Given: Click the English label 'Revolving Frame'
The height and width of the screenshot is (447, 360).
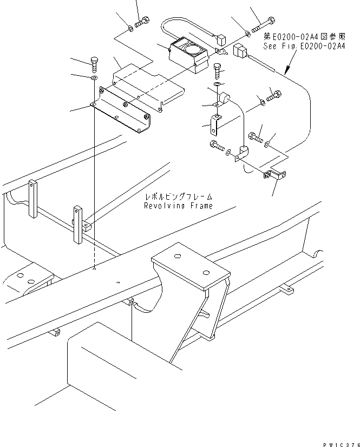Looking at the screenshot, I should [178, 206].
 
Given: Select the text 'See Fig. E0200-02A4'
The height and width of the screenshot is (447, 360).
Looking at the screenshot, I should [305, 47].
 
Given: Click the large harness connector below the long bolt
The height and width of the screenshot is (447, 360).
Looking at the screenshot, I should [239, 52].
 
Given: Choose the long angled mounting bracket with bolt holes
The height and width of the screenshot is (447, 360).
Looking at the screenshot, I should [120, 113].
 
